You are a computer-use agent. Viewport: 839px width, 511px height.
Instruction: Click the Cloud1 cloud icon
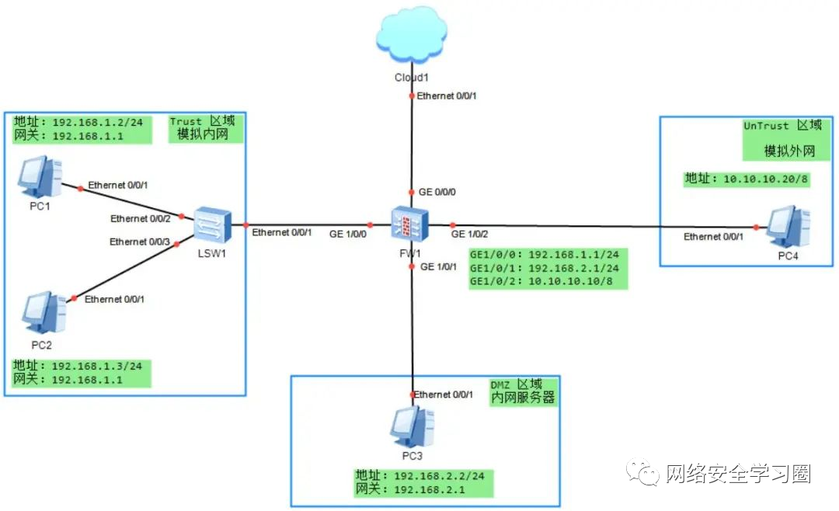(x=411, y=36)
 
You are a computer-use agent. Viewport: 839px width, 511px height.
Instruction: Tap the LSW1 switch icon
(x=211, y=225)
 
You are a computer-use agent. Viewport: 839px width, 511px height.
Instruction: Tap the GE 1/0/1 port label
(x=439, y=266)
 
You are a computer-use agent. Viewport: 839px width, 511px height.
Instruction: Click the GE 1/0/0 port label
(x=348, y=233)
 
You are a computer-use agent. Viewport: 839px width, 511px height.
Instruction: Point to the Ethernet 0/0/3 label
(x=140, y=242)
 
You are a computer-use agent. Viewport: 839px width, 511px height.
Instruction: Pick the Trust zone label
(x=207, y=127)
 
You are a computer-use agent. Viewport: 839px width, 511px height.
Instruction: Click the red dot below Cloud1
(x=412, y=96)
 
